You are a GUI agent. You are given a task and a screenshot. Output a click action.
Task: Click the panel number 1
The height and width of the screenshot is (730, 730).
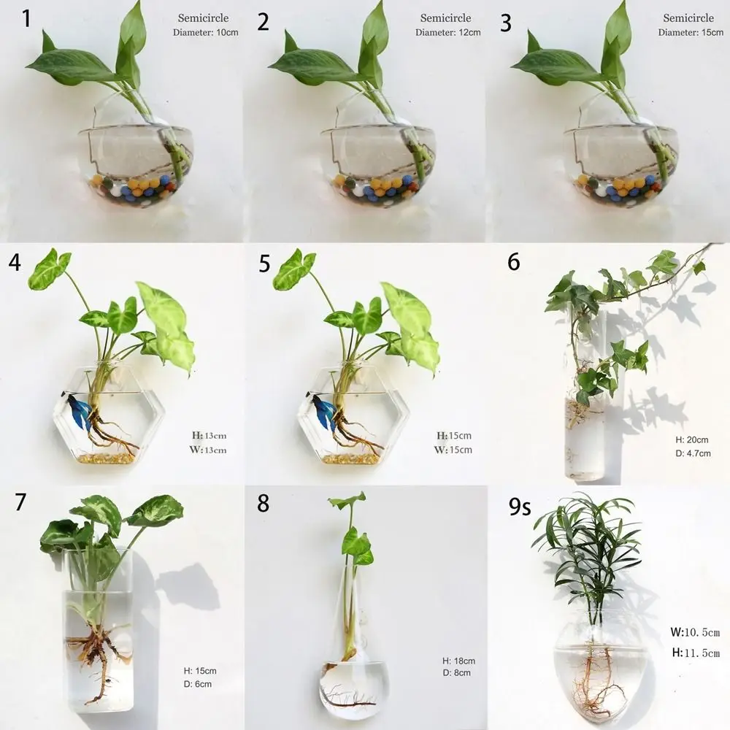point(27,18)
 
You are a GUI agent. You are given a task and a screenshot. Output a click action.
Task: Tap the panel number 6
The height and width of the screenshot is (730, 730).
point(514,261)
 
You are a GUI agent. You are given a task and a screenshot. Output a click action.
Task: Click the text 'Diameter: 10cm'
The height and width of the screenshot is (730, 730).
point(206,33)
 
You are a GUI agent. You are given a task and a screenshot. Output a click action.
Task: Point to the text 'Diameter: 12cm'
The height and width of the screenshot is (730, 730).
point(448,33)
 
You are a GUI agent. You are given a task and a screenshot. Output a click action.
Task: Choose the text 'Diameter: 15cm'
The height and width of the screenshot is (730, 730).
point(691,33)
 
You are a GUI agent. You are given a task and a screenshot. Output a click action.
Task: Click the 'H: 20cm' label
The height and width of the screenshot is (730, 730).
point(692,440)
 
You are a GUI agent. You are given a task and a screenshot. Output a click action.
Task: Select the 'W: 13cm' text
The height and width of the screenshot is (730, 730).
point(208,450)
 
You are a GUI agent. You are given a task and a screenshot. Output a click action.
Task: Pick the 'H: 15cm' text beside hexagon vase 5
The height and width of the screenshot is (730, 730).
point(454,436)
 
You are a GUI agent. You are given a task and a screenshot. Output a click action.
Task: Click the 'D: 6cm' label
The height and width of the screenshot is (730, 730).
point(197,684)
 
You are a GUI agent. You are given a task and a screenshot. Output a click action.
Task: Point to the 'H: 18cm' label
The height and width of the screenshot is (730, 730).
point(458,661)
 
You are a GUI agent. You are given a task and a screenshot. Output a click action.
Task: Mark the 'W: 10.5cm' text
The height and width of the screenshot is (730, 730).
point(695,632)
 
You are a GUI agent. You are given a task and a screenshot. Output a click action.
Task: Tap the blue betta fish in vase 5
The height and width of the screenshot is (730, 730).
point(323,410)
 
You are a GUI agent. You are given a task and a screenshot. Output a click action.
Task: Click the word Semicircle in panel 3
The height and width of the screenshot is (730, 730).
point(688,18)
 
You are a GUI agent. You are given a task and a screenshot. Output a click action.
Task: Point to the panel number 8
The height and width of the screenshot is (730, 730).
point(264,503)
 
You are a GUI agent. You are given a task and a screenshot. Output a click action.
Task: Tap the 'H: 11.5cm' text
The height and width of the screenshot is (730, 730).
point(695,653)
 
